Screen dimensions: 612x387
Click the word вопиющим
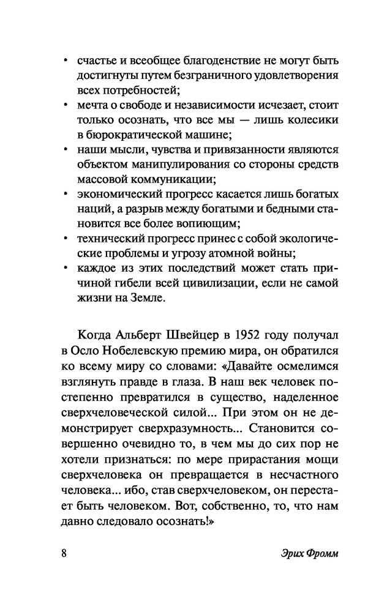click(208, 224)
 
